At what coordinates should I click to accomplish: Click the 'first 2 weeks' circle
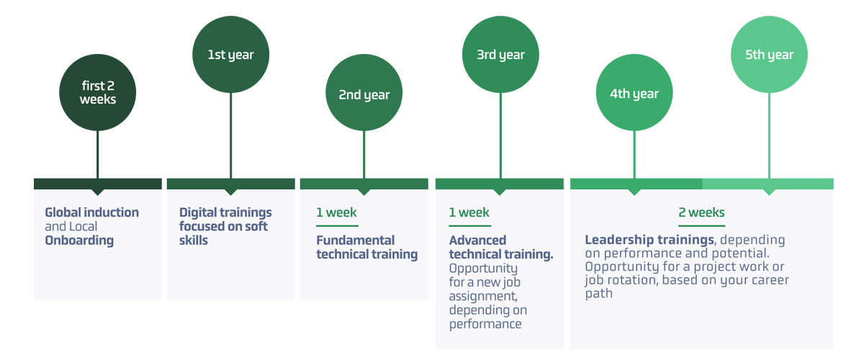point(97,93)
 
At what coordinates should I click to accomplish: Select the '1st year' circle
point(230,55)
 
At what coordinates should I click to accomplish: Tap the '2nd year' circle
point(364,94)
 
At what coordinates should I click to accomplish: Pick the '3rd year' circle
point(500,55)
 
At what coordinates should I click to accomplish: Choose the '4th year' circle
point(634,94)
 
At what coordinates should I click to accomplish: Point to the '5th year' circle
point(769,55)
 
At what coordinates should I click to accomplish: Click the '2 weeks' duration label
point(701,212)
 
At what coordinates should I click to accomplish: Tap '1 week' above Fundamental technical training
point(336,212)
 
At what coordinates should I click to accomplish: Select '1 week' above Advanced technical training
point(469,212)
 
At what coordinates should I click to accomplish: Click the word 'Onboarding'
point(79,240)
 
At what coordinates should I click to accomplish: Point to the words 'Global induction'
point(91,212)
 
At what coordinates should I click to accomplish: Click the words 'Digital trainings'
point(225,212)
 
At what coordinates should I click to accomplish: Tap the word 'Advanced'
point(477,240)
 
